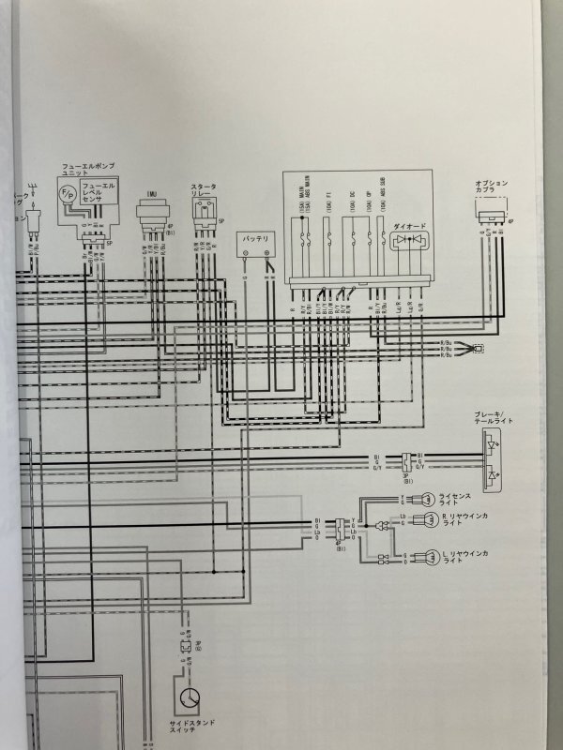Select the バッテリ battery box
pos(254,244)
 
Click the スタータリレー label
pos(203,192)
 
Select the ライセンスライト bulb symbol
pos(427,498)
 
